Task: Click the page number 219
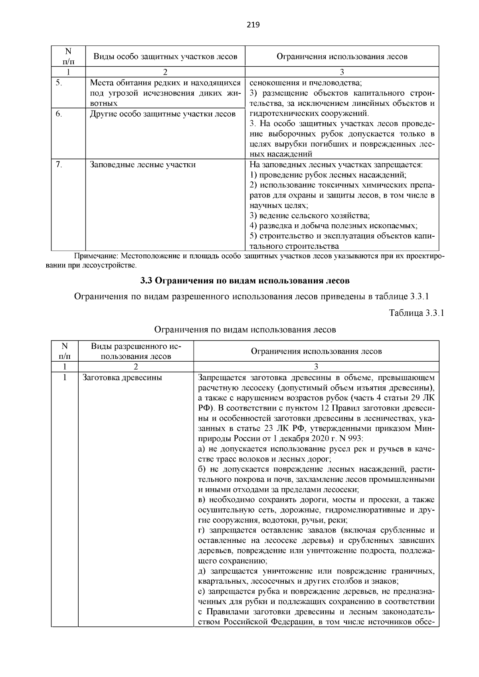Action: [x=253, y=25]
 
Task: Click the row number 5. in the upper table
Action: [x=58, y=83]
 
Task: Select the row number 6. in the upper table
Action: [x=58, y=114]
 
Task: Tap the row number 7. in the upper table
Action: [x=58, y=164]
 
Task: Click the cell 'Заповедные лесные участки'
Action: [x=143, y=164]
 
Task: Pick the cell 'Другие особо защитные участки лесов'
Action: [x=162, y=114]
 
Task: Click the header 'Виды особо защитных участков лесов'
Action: [x=165, y=56]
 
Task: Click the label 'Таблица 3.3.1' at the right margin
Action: [x=416, y=313]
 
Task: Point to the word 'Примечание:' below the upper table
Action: [x=97, y=255]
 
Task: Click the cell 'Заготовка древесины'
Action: [x=122, y=377]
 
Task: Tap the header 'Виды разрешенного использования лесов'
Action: [x=136, y=351]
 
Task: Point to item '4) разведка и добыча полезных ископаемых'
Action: [x=333, y=226]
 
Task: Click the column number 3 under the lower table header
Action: [x=316, y=366]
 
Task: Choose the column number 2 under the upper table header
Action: [x=165, y=72]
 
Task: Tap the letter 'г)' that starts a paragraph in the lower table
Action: [x=202, y=531]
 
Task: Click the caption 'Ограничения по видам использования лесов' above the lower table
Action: [x=245, y=330]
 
